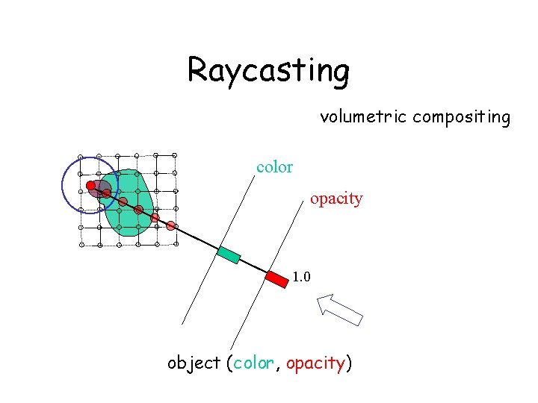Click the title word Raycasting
click(x=268, y=70)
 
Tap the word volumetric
click(x=364, y=117)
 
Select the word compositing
click(x=461, y=117)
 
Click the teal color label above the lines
click(x=274, y=167)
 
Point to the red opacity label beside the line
click(x=336, y=199)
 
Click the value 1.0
click(x=302, y=278)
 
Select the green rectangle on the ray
click(x=229, y=254)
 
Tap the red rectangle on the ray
click(x=277, y=279)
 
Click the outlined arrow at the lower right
click(x=339, y=309)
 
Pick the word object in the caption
click(x=194, y=363)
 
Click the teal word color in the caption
click(x=254, y=363)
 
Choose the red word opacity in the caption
click(x=315, y=363)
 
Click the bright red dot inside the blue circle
click(x=90, y=185)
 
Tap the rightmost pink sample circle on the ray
click(x=171, y=225)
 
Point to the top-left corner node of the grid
click(x=81, y=157)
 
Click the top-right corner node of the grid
click(x=174, y=155)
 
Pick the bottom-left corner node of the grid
click(x=81, y=245)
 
